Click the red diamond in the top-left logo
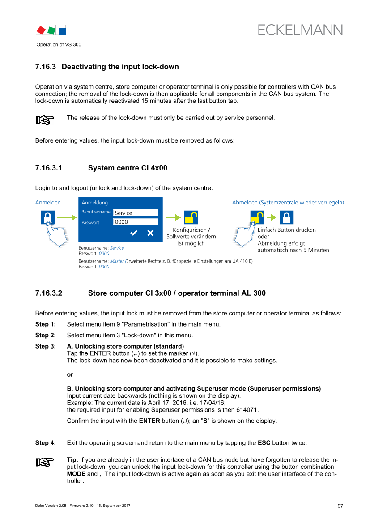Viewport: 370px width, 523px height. click(41, 30)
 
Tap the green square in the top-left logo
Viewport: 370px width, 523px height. click(51, 30)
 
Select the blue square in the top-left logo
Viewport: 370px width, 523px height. click(62, 31)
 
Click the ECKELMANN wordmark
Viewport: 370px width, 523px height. click(300, 30)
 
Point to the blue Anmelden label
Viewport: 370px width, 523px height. click(48, 203)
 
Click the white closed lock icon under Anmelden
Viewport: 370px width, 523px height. click(48, 217)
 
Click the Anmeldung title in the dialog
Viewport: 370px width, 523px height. click(94, 203)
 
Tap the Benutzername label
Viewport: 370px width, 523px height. click(96, 212)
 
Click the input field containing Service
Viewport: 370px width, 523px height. click(136, 213)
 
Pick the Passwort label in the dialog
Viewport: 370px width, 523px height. click(90, 222)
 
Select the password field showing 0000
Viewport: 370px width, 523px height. click(136, 222)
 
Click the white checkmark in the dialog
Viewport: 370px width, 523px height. click(133, 233)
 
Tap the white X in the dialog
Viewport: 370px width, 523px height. click(150, 233)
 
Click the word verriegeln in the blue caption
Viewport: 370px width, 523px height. click(331, 203)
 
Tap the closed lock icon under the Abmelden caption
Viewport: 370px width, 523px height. click(287, 217)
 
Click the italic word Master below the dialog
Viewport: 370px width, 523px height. click(117, 261)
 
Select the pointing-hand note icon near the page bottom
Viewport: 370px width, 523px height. click(45, 462)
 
